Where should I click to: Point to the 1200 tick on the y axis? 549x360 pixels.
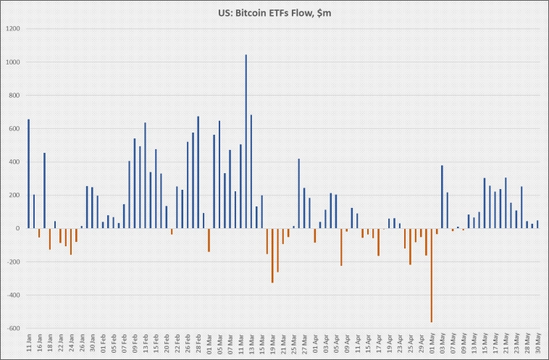(x=13, y=29)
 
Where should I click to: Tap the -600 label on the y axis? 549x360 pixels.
(x=12, y=328)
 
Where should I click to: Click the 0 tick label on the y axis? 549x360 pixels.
(x=17, y=228)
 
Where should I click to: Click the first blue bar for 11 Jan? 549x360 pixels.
(x=28, y=174)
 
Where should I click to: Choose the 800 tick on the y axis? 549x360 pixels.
(x=14, y=96)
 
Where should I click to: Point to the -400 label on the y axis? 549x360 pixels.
(x=12, y=295)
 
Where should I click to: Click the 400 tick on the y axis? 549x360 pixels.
(x=14, y=162)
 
